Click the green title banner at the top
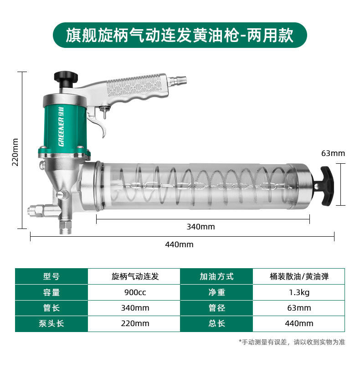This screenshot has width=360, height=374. click(x=180, y=35)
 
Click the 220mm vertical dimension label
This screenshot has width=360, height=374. click(x=15, y=152)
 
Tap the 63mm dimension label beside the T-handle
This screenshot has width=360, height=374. click(x=333, y=153)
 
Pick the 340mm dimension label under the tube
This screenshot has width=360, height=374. click(x=201, y=227)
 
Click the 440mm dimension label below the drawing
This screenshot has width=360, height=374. click(x=179, y=244)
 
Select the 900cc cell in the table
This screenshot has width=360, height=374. click(x=134, y=292)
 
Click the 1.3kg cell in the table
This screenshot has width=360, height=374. click(x=299, y=292)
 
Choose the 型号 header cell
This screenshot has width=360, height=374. click(x=51, y=276)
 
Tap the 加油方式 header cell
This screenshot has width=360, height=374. click(x=216, y=276)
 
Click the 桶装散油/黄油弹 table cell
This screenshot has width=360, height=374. click(x=299, y=276)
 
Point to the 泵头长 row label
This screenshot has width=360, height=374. click(x=51, y=323)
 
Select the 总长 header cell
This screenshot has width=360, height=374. click(x=216, y=323)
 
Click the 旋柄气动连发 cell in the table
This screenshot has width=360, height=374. click(x=134, y=276)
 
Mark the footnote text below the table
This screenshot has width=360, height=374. click(x=292, y=342)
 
